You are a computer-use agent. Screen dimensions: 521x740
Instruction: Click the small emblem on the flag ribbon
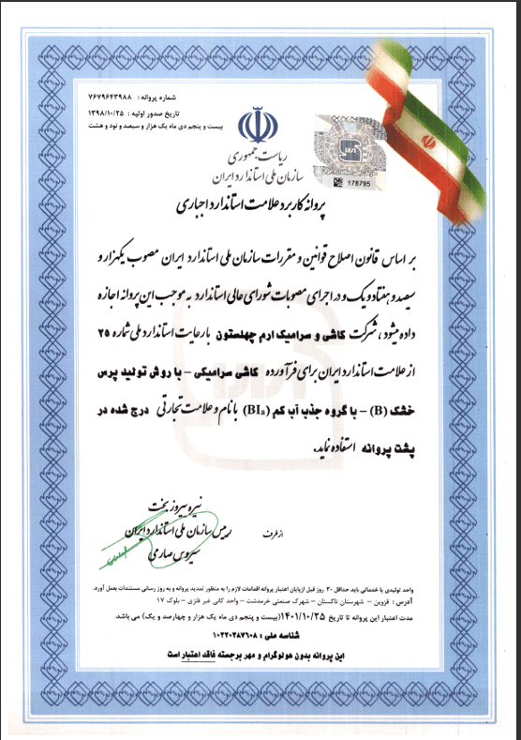(x=430, y=142)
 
